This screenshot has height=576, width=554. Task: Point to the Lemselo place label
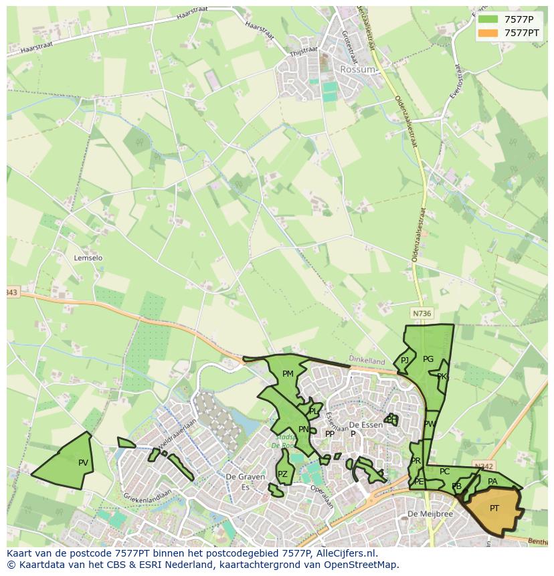(x=88, y=258)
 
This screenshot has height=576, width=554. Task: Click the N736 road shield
(x=422, y=313)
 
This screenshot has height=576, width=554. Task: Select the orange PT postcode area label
(x=494, y=508)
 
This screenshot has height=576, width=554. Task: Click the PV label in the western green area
(x=83, y=462)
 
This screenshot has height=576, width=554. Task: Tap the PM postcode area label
(x=288, y=374)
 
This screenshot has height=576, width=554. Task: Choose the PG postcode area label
(x=428, y=359)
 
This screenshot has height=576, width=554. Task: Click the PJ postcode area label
(x=405, y=361)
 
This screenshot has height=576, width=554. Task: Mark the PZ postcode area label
(x=282, y=474)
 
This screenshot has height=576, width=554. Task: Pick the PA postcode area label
(x=492, y=481)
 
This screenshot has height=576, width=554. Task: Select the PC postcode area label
(x=444, y=472)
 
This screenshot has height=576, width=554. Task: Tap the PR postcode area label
(x=416, y=461)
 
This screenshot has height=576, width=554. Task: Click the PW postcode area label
(x=430, y=424)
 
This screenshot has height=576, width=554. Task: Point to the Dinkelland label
(x=367, y=359)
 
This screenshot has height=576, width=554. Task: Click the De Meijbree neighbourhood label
(x=430, y=514)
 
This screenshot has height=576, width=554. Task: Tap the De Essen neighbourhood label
(x=366, y=425)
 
